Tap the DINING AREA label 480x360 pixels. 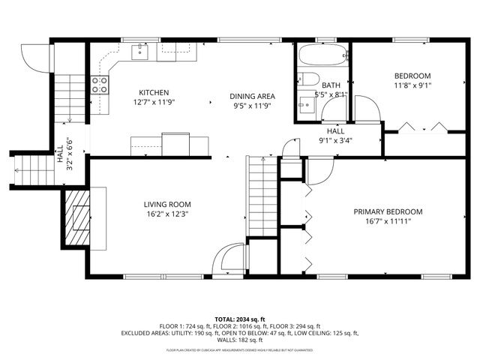coord(251,96)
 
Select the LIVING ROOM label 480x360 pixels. coord(167,204)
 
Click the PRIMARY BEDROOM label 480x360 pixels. coord(388,211)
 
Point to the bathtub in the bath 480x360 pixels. coord(322,55)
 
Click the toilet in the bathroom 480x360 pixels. coord(308,79)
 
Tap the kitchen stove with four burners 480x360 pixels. coord(99,85)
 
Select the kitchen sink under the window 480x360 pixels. coord(141,51)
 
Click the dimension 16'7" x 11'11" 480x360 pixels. coord(388,221)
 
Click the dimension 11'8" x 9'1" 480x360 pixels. coord(412,85)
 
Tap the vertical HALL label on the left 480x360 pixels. coord(60,153)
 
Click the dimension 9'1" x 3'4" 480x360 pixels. coord(335,139)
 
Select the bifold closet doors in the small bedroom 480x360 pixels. coord(424,127)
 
